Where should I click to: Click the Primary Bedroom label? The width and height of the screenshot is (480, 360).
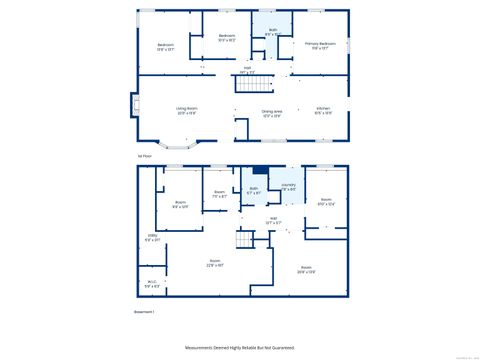(x=320, y=45)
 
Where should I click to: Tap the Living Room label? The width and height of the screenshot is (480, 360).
(x=186, y=112)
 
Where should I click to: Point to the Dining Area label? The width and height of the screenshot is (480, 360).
(x=271, y=113)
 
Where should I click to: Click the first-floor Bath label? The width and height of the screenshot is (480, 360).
(x=272, y=32)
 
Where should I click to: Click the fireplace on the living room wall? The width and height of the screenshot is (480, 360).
(x=133, y=107)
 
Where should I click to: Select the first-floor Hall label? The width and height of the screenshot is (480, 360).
(x=247, y=70)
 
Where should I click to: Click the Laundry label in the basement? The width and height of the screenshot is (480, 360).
(x=288, y=187)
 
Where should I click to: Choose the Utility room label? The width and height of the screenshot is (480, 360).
(x=152, y=238)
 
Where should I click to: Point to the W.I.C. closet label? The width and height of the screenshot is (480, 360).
(x=152, y=284)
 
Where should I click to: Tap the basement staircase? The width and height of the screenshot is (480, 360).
(x=244, y=241)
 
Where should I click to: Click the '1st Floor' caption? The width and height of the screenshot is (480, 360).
(x=145, y=156)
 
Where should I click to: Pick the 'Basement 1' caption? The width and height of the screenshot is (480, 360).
(x=148, y=312)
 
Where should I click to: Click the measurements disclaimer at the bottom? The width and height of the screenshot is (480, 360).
(x=240, y=347)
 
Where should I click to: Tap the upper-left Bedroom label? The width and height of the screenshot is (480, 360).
(x=165, y=46)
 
